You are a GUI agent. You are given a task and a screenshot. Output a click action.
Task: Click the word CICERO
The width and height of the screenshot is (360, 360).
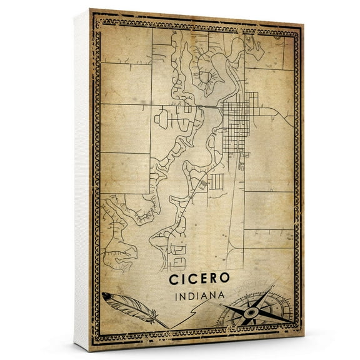(x=199, y=276)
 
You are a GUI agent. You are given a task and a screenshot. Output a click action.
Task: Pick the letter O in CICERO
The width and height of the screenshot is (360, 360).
(x=224, y=276)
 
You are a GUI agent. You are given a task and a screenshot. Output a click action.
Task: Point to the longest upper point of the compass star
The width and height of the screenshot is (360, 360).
(x=271, y=289)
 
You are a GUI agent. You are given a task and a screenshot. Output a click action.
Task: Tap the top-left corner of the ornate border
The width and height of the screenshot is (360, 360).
(x=94, y=14)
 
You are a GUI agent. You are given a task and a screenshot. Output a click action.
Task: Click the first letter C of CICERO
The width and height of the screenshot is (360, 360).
(x=174, y=276)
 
